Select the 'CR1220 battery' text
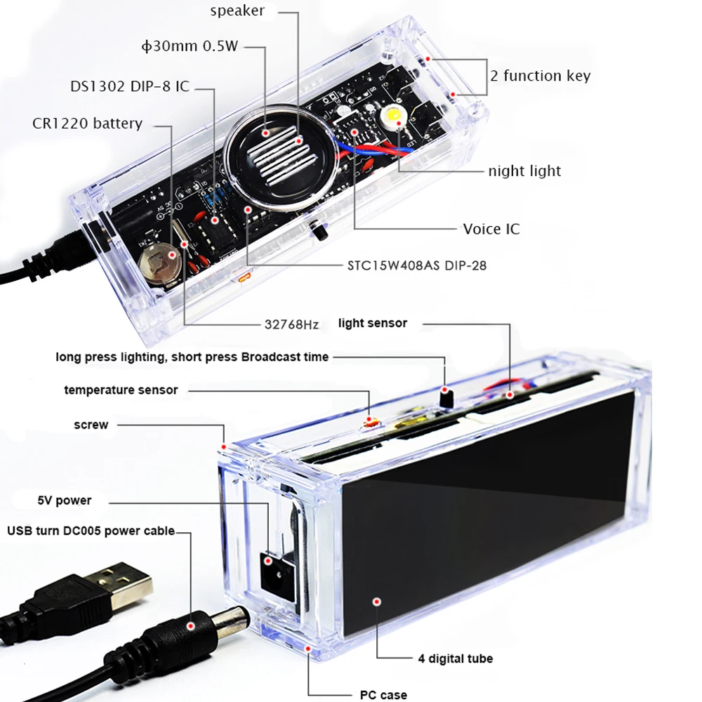[87, 124]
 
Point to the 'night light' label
[524, 171]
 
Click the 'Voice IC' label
[491, 229]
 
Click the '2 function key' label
[540, 76]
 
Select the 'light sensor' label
[372, 323]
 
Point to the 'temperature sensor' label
[121, 390]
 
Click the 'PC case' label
[383, 694]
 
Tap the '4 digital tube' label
[451, 658]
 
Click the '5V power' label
[64, 501]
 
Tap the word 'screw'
[91, 425]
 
